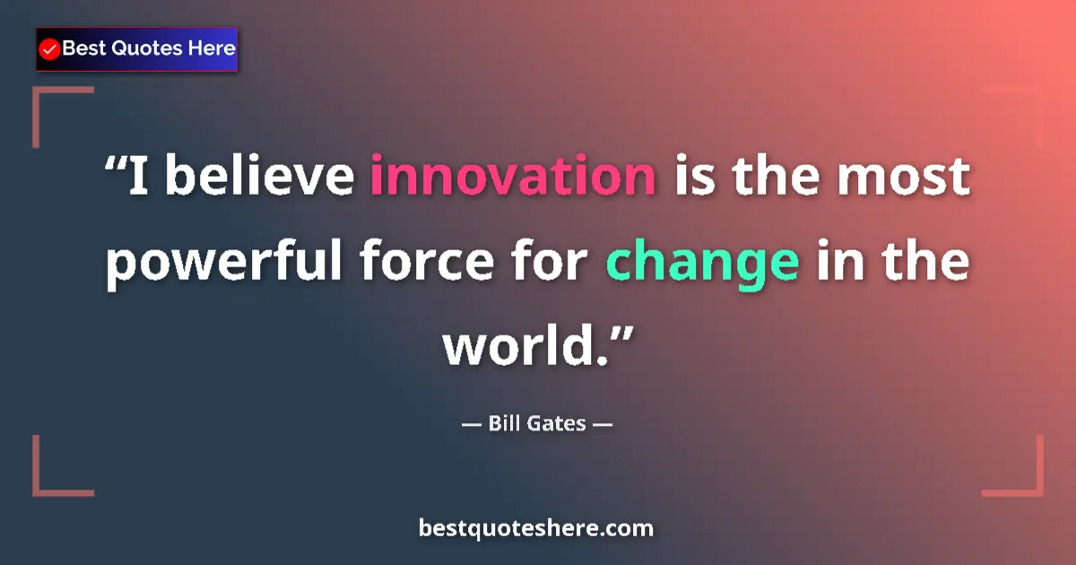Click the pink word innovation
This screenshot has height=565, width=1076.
pos(513,175)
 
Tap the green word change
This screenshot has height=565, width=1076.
pos(703,262)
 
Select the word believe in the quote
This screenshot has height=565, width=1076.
pos(259,175)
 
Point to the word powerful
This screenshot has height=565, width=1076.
pos(226,264)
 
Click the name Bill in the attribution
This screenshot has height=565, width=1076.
pos(505,422)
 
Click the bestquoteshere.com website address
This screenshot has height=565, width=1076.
pos(536,528)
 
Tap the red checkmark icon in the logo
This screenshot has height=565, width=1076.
pos(50,49)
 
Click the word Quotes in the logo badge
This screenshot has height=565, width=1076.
pos(146,48)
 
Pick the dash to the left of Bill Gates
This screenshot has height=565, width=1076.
pos(470,423)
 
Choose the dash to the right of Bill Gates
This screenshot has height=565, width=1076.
pos(603,423)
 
